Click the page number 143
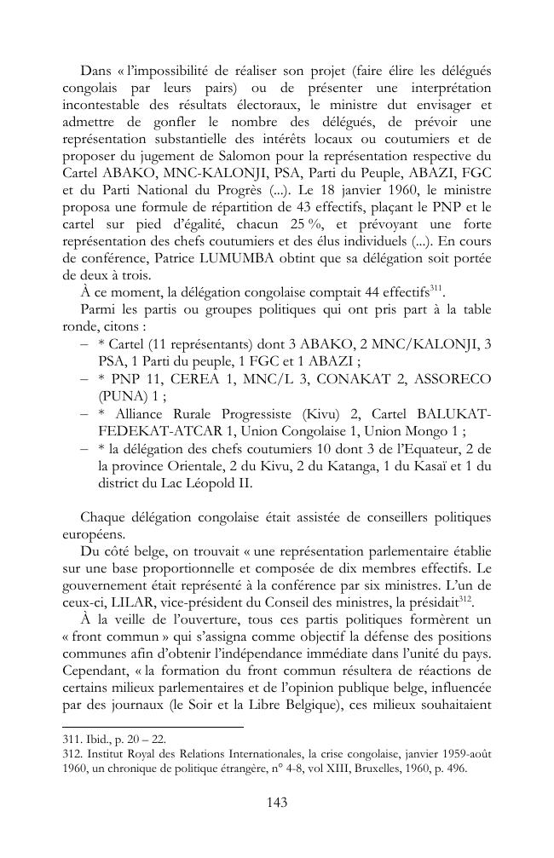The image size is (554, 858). pyautogui.click(x=276, y=802)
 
